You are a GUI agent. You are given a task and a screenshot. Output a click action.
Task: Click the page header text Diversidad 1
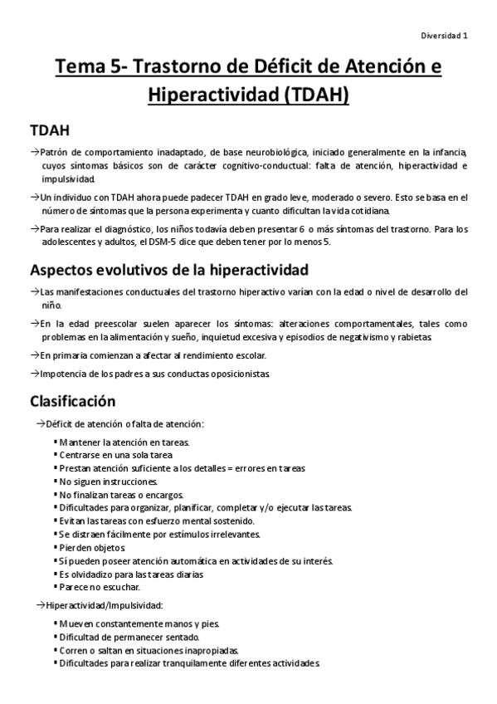pyautogui.click(x=444, y=37)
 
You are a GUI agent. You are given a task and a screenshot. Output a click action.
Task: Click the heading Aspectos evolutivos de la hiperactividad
pyautogui.click(x=169, y=270)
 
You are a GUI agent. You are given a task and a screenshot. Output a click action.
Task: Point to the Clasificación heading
pyautogui.click(x=72, y=402)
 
